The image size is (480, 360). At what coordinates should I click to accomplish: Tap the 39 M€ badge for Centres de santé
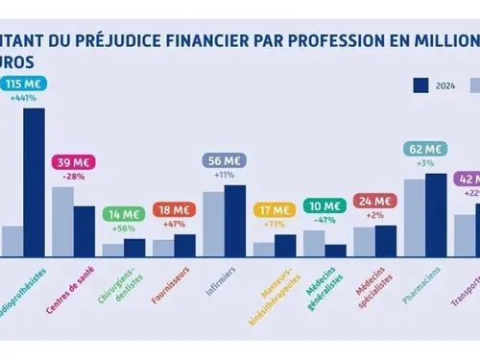pyautogui.click(x=73, y=161)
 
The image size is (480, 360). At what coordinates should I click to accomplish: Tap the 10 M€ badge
pyautogui.click(x=324, y=205)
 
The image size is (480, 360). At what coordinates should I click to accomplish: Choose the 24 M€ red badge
pyautogui.click(x=374, y=201)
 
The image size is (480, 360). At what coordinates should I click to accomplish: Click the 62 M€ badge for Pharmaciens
pyautogui.click(x=424, y=149)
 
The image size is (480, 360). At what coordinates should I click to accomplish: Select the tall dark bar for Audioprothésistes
pyautogui.click(x=35, y=182)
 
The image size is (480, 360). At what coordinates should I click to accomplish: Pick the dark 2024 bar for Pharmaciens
pyautogui.click(x=436, y=215)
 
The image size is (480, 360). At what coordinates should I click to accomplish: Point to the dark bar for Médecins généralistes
pyautogui.click(x=335, y=251)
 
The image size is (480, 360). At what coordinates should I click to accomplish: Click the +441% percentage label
pyautogui.click(x=24, y=99)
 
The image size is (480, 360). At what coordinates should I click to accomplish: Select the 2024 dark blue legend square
pyautogui.click(x=420, y=85)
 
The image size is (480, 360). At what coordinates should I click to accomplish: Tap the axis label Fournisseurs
pyautogui.click(x=171, y=286)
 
